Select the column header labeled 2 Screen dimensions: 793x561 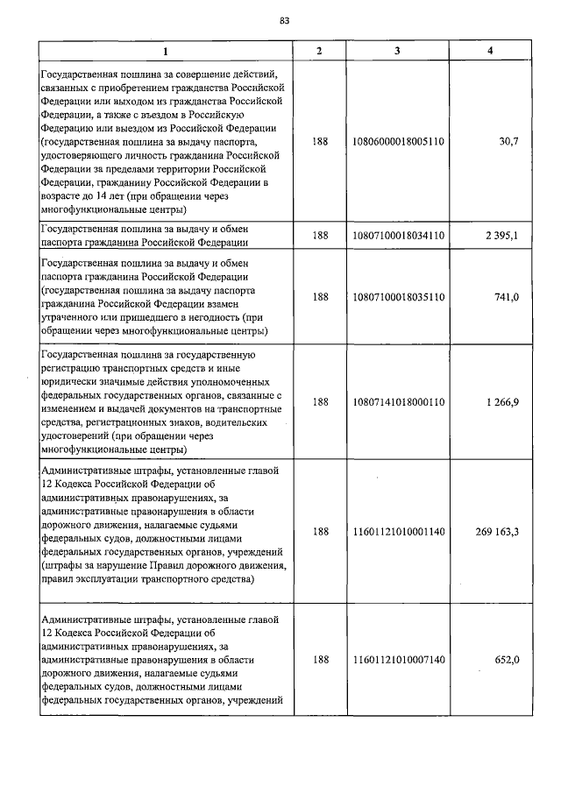coord(320,51)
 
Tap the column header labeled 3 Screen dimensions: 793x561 coord(398,51)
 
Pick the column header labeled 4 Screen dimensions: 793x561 coord(489,51)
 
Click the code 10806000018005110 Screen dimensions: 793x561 coord(398,139)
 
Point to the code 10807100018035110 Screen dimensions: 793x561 coord(398,297)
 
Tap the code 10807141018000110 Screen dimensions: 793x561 coord(398,401)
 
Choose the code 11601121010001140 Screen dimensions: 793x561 coord(398,531)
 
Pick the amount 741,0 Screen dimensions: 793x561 coord(506,297)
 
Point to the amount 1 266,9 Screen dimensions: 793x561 coord(501,401)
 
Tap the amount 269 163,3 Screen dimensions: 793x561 coord(495,531)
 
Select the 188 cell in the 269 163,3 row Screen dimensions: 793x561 coord(320,531)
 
